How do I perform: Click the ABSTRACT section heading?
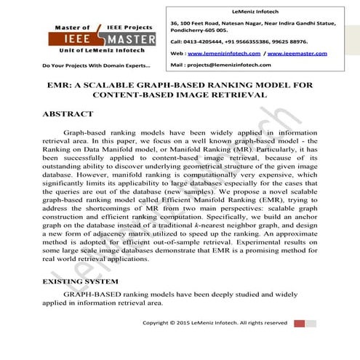click(x=68, y=114)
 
